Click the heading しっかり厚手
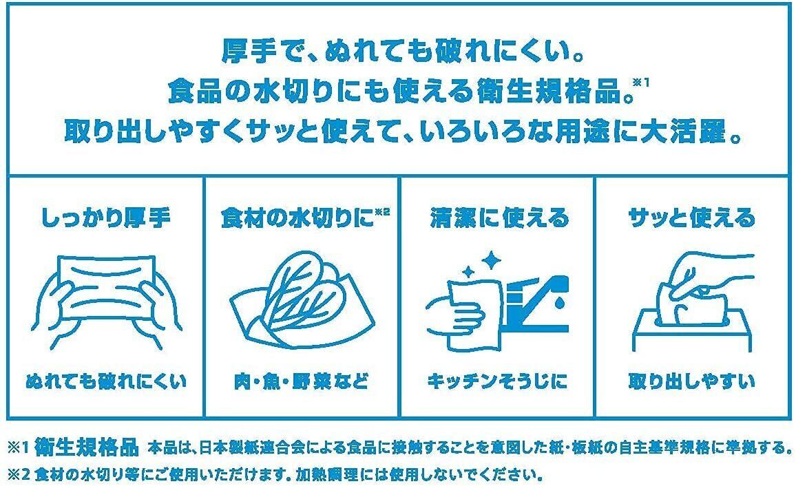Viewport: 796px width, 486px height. [105, 218]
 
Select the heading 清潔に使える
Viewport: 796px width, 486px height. [499, 218]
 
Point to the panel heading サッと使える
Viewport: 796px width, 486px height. [692, 218]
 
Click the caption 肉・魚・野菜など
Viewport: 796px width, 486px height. [301, 381]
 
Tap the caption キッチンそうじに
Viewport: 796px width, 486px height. [497, 381]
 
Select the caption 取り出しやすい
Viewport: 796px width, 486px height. [692, 381]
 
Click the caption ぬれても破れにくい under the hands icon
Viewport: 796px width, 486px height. [106, 381]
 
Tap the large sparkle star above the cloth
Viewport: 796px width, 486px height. [491, 262]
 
